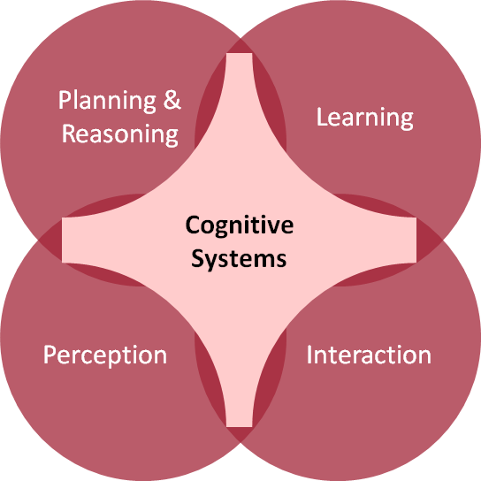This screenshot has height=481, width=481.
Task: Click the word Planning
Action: [x=107, y=101]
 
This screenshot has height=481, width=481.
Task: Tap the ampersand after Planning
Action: [x=172, y=99]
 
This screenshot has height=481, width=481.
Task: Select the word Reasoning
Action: [x=120, y=134]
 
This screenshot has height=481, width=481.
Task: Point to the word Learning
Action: [x=365, y=118]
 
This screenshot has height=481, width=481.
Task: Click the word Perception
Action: [x=105, y=355]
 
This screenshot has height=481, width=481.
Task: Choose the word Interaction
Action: [x=369, y=355]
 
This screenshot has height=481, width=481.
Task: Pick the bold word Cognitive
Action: [x=240, y=225]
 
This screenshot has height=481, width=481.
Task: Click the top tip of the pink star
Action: [x=240, y=54]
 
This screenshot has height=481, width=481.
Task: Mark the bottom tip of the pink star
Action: [x=240, y=426]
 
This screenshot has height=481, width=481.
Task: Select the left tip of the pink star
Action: [x=63, y=240]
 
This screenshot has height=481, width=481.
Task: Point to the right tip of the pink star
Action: [x=416, y=240]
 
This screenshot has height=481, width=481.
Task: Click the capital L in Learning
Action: [x=321, y=116]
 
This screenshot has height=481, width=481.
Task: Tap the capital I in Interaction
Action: [x=309, y=355]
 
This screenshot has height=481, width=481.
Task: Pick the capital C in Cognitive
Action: [x=193, y=225]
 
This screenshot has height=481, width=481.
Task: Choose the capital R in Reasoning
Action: [x=68, y=134]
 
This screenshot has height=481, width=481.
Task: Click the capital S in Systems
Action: [x=198, y=258]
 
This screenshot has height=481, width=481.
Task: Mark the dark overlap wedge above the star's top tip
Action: [x=240, y=47]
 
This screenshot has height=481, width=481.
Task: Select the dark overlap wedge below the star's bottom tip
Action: [x=240, y=433]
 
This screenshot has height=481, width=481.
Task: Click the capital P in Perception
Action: [x=50, y=355]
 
